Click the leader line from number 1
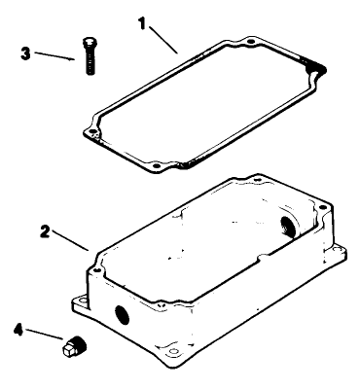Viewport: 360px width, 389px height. (x=164, y=39)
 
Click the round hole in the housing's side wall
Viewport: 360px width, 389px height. (x=123, y=313)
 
